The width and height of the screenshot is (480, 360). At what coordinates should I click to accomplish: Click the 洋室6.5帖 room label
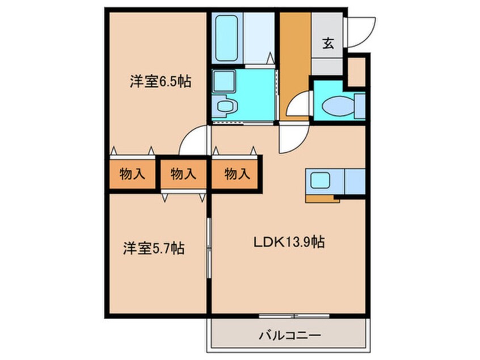[159, 82]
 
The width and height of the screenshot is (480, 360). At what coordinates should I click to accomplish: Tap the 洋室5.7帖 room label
[153, 248]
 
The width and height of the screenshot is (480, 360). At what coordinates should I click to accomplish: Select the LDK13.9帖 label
[288, 243]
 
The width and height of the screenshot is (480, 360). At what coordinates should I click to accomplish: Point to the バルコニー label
[290, 335]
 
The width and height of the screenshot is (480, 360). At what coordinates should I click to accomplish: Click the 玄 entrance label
[328, 43]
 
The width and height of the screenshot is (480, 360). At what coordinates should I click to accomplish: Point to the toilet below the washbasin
[226, 106]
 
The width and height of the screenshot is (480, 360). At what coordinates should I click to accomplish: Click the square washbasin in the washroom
[224, 81]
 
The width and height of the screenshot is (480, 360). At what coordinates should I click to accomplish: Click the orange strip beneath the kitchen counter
[322, 199]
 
